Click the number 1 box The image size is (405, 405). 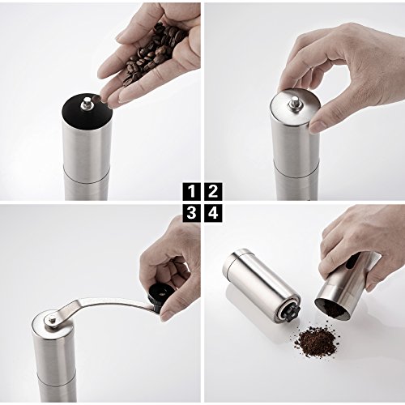191,192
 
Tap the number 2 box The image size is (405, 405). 213,192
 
